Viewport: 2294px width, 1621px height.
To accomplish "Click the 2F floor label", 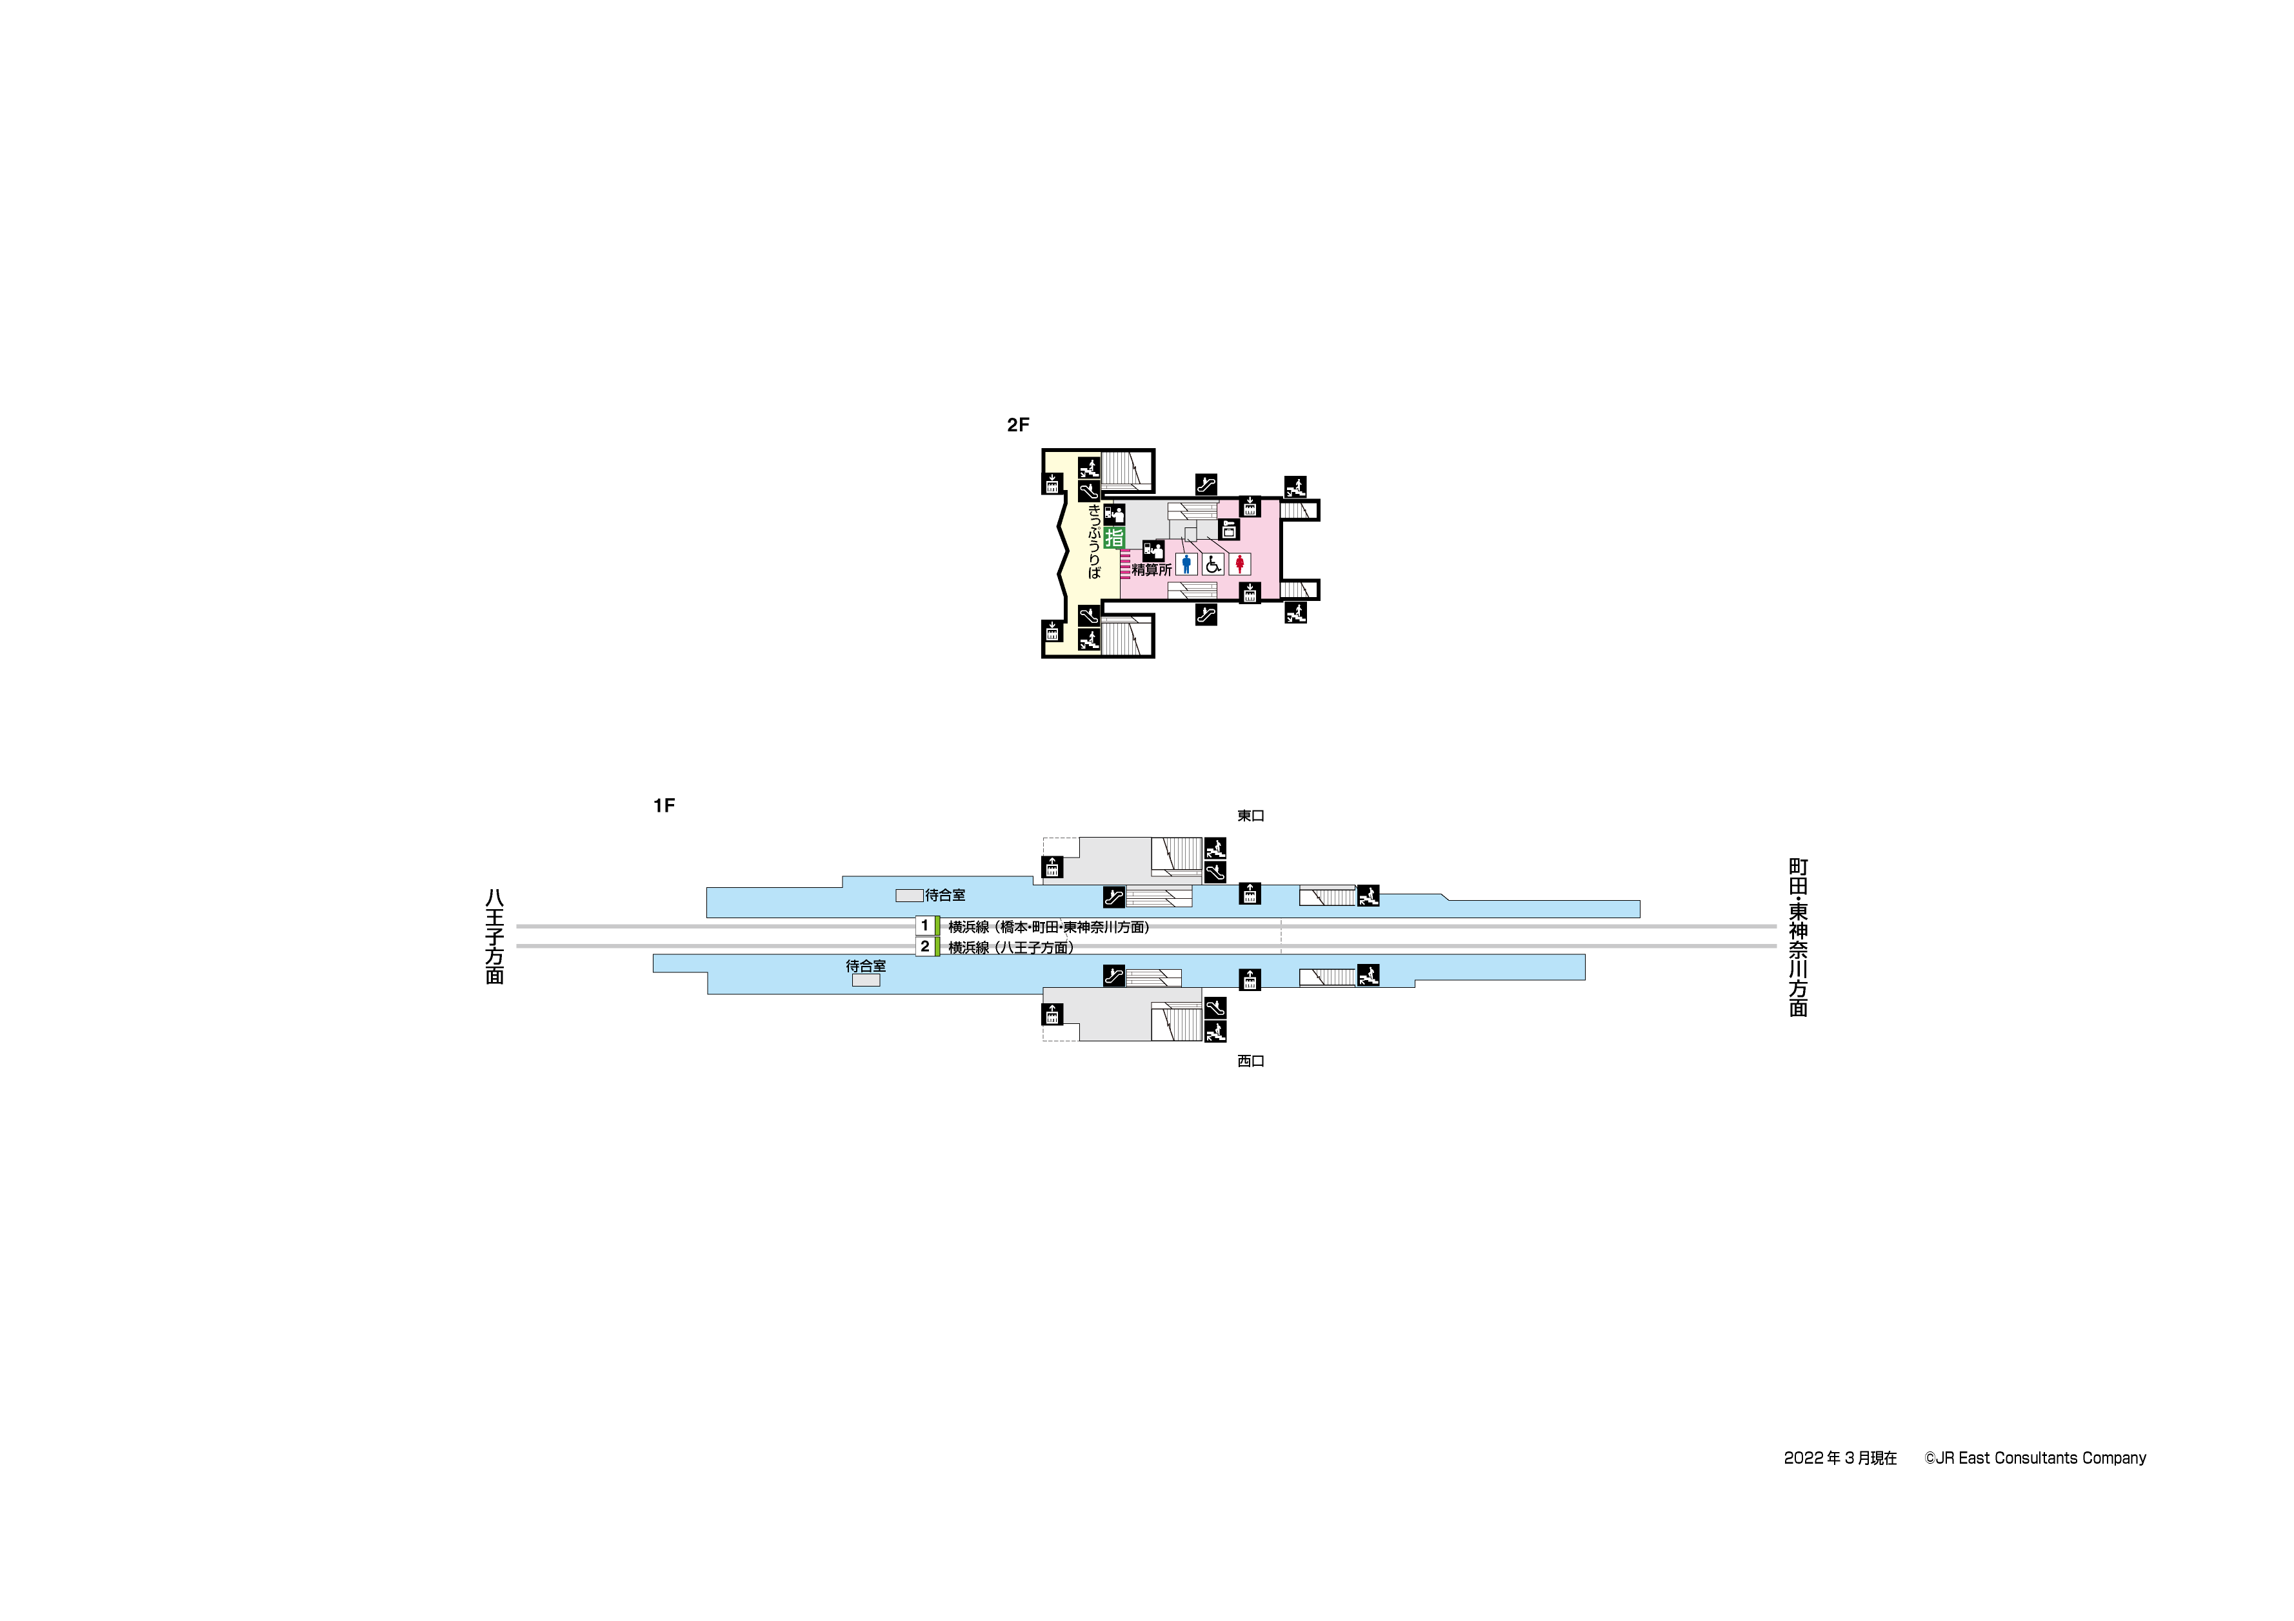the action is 1017,424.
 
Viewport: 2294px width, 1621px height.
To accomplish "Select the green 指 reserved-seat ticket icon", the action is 1114,537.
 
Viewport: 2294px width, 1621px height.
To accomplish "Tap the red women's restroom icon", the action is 1240,564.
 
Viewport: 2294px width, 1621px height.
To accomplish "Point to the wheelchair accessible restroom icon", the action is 1213,564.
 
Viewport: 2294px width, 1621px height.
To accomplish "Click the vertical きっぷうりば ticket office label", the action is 1094,542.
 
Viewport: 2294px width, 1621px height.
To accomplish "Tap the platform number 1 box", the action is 925,926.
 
